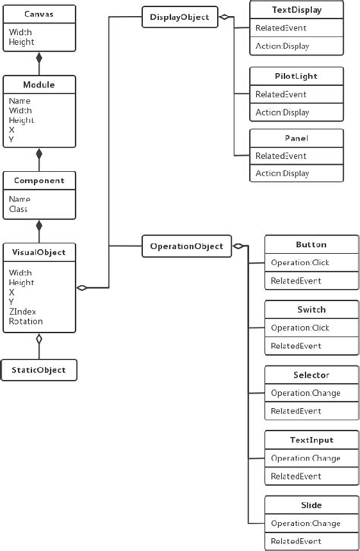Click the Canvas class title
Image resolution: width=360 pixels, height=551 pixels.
39,14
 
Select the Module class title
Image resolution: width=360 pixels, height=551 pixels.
39,84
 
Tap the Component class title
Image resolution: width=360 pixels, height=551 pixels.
39,181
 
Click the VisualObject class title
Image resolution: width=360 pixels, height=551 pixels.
39,252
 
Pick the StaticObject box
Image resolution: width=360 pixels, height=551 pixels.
39,370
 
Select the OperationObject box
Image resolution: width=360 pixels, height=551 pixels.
187,245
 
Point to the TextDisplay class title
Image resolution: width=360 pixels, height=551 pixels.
295,11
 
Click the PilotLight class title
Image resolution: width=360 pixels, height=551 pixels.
295,77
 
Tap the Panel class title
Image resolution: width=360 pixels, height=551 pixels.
295,139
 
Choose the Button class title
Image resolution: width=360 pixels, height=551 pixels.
311,245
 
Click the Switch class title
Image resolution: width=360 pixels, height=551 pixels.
311,310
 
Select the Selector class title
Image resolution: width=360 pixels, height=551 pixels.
311,375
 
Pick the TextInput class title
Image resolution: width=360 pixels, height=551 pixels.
311,440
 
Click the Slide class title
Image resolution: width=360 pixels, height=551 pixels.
311,505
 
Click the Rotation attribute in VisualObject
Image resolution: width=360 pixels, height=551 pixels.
26,321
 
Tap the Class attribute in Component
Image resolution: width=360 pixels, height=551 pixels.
18,208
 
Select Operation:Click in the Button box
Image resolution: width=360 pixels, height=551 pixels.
300,263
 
